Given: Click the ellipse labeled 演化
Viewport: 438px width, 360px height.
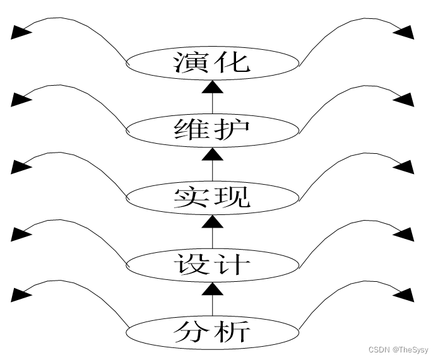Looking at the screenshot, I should (x=212, y=63).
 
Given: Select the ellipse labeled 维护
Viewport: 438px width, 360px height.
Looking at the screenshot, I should (x=212, y=131).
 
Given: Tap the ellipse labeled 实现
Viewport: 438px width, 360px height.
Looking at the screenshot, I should (x=212, y=197).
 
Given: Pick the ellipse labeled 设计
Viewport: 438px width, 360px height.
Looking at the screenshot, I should (x=212, y=264).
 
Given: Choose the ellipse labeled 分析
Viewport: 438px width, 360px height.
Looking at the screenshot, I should (x=212, y=331).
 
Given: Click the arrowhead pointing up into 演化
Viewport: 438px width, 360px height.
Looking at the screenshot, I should (x=212, y=88).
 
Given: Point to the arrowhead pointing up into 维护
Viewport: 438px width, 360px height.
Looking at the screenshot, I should (x=212, y=155).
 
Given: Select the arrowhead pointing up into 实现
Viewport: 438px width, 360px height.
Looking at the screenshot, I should (x=212, y=222).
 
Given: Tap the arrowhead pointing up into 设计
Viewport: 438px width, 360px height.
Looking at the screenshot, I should (x=212, y=289).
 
